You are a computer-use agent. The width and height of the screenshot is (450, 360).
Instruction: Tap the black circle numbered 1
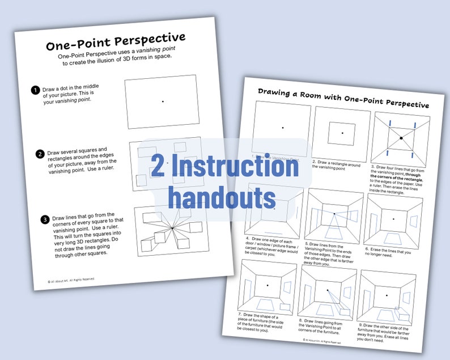point(35,90)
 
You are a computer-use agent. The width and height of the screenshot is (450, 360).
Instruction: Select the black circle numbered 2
point(40,154)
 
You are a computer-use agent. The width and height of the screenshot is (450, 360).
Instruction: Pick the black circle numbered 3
point(44,219)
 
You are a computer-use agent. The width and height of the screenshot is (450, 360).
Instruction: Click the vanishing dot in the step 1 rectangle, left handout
point(163,101)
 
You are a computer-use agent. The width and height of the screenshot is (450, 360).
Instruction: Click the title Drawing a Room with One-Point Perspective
point(343,98)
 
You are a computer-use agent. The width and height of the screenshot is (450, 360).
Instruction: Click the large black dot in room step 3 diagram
point(401,138)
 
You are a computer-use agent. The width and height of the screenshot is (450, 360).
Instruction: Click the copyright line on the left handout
point(71,279)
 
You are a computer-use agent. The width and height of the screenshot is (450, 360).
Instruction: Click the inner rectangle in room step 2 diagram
point(342,133)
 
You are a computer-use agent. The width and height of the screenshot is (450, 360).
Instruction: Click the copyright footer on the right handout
point(322,341)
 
